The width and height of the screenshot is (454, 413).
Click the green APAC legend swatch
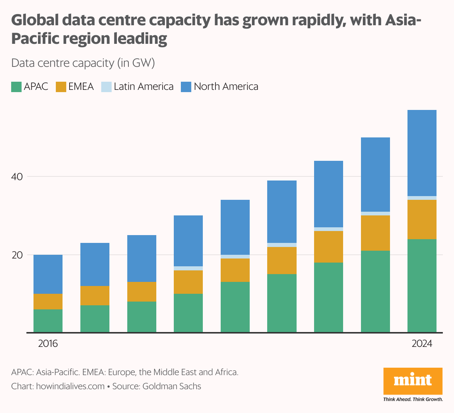point(16,87)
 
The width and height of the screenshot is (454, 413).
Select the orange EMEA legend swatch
point(61,87)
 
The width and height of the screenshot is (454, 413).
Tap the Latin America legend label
point(144,87)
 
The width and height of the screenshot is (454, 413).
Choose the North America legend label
point(226,87)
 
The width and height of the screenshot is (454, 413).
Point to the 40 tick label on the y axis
point(17,177)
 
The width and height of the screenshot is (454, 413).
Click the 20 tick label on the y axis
point(17,255)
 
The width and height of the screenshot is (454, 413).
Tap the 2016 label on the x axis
point(48,344)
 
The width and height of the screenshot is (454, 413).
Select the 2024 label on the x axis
point(422,344)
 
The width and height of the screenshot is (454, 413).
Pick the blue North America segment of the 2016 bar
point(48,274)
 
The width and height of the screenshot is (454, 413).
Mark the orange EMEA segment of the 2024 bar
point(422,219)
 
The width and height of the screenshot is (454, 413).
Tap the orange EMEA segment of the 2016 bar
point(48,302)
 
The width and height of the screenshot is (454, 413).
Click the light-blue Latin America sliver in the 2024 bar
point(422,198)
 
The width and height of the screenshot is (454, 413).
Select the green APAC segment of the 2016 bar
point(48,321)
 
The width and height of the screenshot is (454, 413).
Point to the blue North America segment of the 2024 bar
point(422,153)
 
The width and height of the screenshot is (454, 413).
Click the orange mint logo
point(413,381)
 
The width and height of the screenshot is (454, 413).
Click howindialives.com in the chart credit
point(70,386)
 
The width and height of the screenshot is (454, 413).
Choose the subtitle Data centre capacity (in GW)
point(83,63)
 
